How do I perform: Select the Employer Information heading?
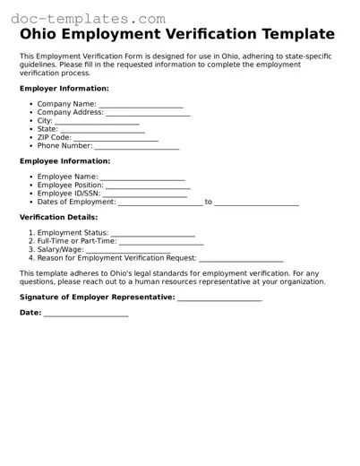click(64, 89)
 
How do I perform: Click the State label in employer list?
click(47, 129)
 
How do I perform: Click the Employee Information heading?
click(64, 161)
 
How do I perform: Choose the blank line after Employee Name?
click(142, 178)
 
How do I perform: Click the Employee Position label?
click(71, 186)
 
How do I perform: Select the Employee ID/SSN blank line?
click(146, 194)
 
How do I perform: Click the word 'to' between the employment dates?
click(209, 202)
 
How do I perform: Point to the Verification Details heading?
click(59, 217)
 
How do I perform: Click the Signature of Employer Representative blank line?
click(219, 298)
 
